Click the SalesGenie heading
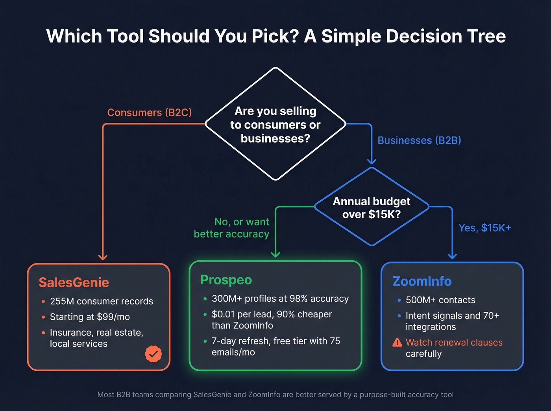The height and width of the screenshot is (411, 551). click(74, 282)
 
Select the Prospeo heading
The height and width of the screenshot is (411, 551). click(226, 280)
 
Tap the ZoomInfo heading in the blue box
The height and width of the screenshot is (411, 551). click(422, 281)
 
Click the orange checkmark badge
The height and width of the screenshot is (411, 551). click(153, 354)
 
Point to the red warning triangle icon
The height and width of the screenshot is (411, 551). click(397, 343)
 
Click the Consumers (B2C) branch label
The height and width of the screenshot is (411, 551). click(150, 112)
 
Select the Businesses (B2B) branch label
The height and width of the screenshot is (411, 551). click(419, 140)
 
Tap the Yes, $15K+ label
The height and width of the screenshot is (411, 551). click(484, 228)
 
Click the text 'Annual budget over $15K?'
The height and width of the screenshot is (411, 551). click(372, 208)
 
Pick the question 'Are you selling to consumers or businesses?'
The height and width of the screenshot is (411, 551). click(275, 125)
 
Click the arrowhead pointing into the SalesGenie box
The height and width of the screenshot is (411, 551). click(103, 257)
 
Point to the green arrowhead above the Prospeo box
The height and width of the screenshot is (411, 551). click(275, 254)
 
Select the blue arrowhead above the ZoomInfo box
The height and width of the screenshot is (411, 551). click(452, 256)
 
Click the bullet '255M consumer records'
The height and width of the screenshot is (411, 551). click(101, 301)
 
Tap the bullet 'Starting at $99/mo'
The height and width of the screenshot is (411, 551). click(90, 317)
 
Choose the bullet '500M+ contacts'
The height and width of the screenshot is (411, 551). click(440, 300)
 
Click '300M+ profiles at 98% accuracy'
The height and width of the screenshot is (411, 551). click(280, 299)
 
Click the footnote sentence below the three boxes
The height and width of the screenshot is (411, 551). click(275, 394)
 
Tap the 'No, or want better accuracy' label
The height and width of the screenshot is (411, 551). click(232, 228)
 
